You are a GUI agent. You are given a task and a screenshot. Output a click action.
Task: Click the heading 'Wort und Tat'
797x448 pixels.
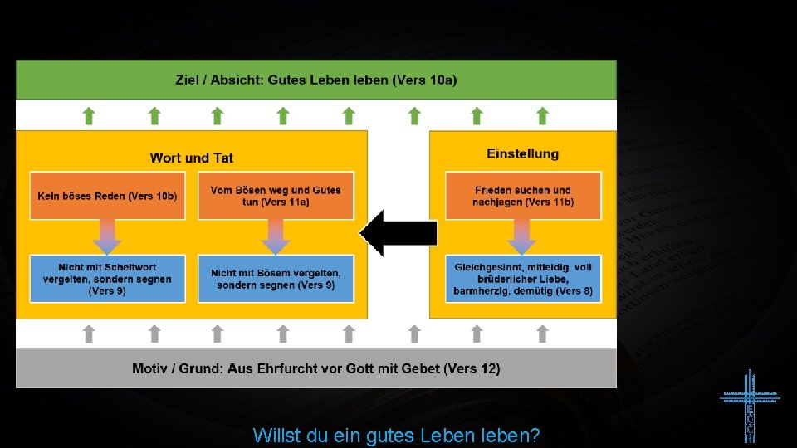tap(192, 158)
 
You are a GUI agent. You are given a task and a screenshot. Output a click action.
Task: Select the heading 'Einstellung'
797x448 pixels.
tap(523, 153)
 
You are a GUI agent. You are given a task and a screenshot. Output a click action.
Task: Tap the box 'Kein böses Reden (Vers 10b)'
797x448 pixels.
tap(107, 196)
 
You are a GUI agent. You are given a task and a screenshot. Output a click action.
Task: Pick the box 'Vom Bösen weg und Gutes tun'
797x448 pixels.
tap(276, 196)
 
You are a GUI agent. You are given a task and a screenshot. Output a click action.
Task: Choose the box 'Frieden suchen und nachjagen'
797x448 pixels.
tap(523, 196)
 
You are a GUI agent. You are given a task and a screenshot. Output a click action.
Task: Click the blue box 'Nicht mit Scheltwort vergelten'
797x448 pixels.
tap(107, 279)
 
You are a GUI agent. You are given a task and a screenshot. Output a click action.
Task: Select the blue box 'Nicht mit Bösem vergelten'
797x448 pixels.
tap(276, 279)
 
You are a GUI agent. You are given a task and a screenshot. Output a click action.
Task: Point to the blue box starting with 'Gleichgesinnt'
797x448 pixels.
tap(523, 279)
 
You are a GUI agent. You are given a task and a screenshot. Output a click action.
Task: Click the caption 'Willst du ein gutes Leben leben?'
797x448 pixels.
tap(396, 435)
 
